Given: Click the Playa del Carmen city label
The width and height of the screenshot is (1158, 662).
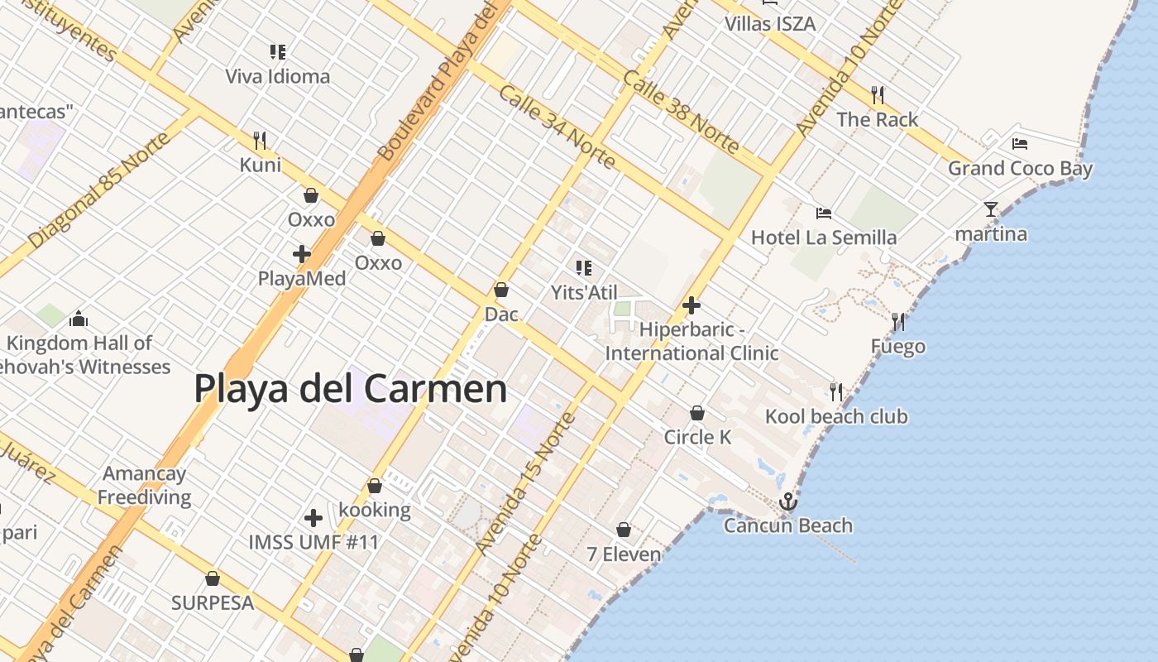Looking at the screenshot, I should tap(350, 388).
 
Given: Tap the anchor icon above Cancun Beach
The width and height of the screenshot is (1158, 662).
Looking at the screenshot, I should tap(788, 501).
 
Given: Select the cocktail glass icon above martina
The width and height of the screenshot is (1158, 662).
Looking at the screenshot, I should tap(991, 209).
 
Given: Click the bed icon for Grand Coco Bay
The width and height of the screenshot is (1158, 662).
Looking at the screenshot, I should tap(1020, 144).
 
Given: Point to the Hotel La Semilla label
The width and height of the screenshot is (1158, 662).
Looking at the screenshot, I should tap(823, 238).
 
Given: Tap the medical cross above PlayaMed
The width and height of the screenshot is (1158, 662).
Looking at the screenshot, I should tap(302, 253).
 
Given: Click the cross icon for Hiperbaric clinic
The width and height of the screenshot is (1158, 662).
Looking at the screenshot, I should tap(691, 305).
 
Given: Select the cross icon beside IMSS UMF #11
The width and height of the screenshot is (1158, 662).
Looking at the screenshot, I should tap(313, 518).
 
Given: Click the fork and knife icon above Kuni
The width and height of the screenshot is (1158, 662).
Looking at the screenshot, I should tap(260, 140).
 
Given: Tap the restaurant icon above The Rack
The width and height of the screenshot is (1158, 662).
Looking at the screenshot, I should tap(878, 94).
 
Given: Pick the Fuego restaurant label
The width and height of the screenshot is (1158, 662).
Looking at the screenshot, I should tap(897, 347).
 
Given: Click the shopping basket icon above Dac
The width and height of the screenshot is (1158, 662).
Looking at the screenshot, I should tap(500, 290).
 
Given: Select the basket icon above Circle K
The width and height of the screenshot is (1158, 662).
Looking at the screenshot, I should tap(697, 412).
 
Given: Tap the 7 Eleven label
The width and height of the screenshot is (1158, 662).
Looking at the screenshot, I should tap(624, 554).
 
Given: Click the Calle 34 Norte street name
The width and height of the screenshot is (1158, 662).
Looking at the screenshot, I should tap(557, 126).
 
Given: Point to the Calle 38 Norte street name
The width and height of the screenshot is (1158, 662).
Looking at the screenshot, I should tap(682, 111).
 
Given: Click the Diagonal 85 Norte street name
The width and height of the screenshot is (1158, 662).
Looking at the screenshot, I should tap(98, 190).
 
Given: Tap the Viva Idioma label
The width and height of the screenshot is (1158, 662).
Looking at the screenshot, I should tap(278, 77).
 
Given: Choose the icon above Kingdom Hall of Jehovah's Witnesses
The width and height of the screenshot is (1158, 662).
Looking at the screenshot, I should tap(79, 318).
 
